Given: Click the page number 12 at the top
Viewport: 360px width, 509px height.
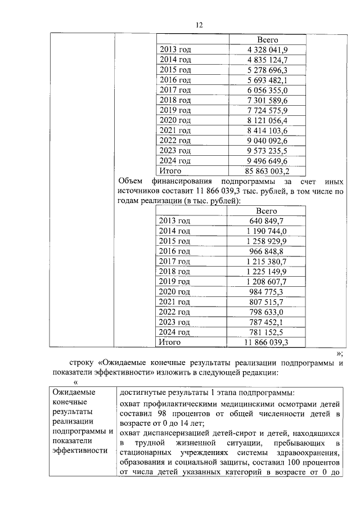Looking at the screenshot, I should click(199, 25).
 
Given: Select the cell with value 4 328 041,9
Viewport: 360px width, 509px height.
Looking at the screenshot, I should click(268, 50).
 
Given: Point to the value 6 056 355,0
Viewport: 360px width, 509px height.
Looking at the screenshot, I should click(268, 90).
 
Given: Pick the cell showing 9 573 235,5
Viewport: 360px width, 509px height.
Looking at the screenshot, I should click(268, 150).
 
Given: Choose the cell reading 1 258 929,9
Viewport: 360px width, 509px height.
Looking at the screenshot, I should click(267, 241).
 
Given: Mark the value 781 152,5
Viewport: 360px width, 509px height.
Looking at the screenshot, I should click(267, 331).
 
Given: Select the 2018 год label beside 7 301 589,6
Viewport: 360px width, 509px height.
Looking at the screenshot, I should click(175, 100).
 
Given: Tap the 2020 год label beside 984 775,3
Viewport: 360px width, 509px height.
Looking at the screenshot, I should click(175, 291).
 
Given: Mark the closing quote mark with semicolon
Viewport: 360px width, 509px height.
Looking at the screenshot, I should click(339, 353).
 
